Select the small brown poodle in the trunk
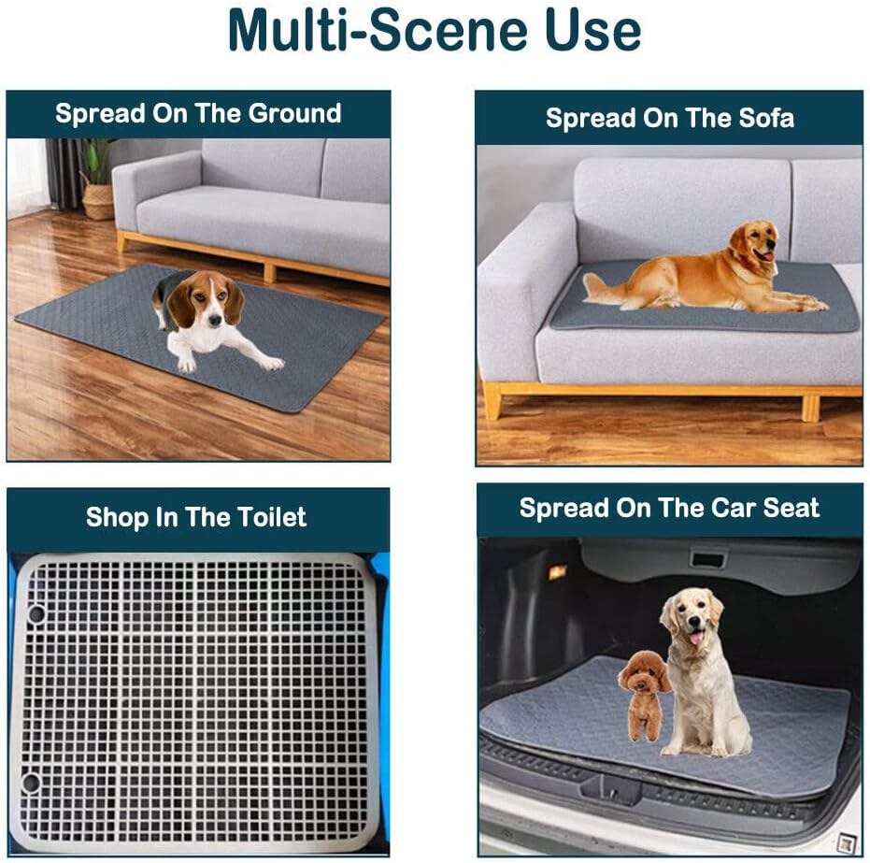pyautogui.click(x=645, y=692)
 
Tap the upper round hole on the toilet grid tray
pyautogui.click(x=36, y=614)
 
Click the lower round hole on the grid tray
pyautogui.click(x=32, y=782)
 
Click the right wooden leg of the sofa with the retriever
pyautogui.click(x=810, y=408)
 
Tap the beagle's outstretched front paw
pyautogui.click(x=272, y=363)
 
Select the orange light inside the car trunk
pyautogui.click(x=557, y=572)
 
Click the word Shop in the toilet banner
pyautogui.click(x=117, y=517)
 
